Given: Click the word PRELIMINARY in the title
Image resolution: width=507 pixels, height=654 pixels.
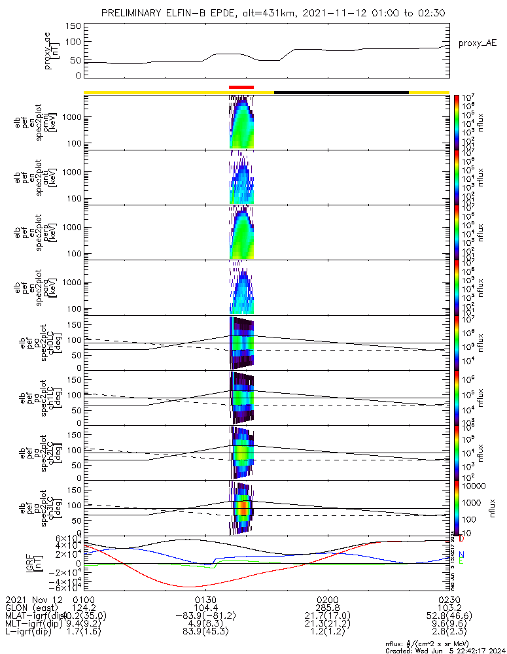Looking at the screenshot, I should click(x=134, y=14).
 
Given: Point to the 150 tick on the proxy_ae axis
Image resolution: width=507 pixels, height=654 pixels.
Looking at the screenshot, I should click(x=73, y=26).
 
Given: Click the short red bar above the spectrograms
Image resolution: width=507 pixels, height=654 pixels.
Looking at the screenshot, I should click(x=241, y=87).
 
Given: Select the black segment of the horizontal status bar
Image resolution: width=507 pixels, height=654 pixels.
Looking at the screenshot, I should click(x=341, y=92).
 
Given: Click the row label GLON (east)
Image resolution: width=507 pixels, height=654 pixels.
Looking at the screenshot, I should click(x=32, y=608).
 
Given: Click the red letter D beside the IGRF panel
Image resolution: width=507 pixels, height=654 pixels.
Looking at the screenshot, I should click(x=461, y=539).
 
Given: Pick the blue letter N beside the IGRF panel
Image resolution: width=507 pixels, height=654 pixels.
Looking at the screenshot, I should click(x=461, y=555).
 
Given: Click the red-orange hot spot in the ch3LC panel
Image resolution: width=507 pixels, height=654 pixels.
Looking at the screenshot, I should click(x=243, y=507).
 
